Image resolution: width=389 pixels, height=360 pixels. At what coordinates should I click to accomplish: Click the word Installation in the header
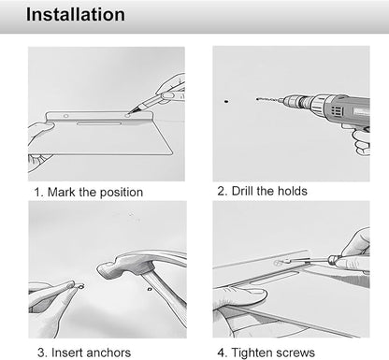pos(76,14)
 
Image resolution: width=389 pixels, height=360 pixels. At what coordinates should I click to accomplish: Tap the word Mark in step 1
pos(62,192)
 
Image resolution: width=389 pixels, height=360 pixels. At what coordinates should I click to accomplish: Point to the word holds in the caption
pos(293,191)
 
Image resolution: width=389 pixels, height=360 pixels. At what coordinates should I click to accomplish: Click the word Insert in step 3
pos(67,353)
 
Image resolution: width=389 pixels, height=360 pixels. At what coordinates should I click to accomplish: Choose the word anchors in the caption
pos(108,353)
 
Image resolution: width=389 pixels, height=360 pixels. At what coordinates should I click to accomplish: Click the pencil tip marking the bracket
pos(129,111)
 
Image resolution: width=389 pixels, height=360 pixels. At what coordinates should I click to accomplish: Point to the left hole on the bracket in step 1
pos(65,116)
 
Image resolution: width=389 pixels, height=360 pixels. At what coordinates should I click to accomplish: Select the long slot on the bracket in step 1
pos(98,123)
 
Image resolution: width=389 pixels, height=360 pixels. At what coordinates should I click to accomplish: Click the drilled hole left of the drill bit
pos(226,101)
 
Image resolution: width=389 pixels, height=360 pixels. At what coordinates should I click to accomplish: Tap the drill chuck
pos(292,101)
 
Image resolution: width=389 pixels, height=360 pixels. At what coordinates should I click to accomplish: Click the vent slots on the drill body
pos(337,110)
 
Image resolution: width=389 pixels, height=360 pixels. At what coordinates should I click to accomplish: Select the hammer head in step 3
pos(118,266)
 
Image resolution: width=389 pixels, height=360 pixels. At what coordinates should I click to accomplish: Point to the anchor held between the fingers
pos(81,286)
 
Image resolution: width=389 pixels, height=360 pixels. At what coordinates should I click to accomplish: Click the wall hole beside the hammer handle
pos(150,289)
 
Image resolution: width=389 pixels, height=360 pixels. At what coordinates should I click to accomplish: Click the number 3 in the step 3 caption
pos(41,353)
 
